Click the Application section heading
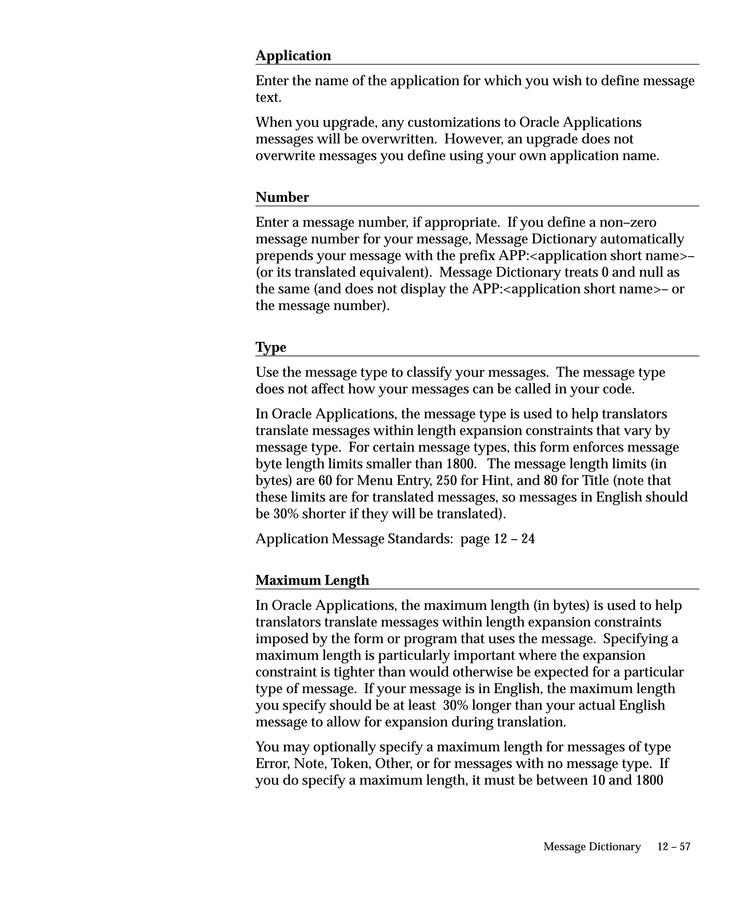point(293,56)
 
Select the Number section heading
point(282,197)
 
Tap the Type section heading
point(270,347)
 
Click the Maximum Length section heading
point(312,580)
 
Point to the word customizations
point(461,123)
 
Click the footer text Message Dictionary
point(592,847)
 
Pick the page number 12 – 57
point(674,847)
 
